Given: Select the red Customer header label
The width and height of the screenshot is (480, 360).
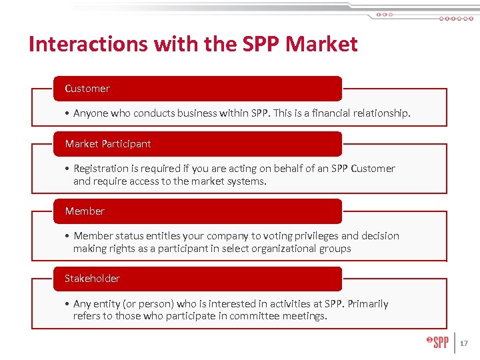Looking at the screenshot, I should click(x=87, y=89).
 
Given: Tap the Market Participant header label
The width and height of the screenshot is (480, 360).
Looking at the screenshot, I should click(x=108, y=144).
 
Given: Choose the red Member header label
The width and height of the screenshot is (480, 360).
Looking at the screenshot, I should click(x=85, y=211).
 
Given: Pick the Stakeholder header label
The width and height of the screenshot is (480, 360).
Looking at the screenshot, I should click(x=92, y=279).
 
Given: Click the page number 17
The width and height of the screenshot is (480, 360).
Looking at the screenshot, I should click(x=464, y=343).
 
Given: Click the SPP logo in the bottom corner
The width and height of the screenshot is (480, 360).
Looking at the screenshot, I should click(x=438, y=343).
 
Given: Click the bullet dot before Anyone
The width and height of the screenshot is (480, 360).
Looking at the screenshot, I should click(x=68, y=114).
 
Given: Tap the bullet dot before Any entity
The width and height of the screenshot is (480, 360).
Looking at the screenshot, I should click(x=68, y=304).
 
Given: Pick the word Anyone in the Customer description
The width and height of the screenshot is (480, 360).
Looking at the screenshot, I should click(x=91, y=113).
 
